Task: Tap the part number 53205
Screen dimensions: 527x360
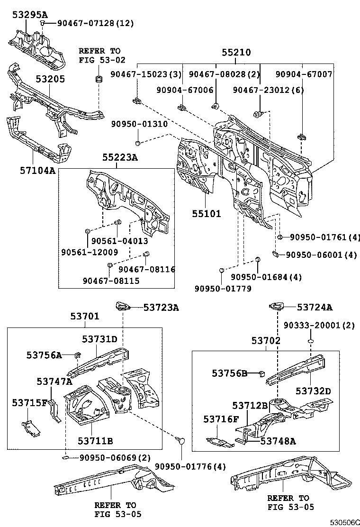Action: [50, 79]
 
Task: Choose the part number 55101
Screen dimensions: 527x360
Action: [206, 214]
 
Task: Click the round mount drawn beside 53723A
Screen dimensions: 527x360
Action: [123, 308]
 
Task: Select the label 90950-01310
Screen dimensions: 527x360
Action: [139, 124]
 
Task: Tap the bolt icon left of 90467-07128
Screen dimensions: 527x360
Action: [43, 23]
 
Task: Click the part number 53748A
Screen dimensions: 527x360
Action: [278, 441]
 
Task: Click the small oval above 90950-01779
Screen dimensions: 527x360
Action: [221, 271]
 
